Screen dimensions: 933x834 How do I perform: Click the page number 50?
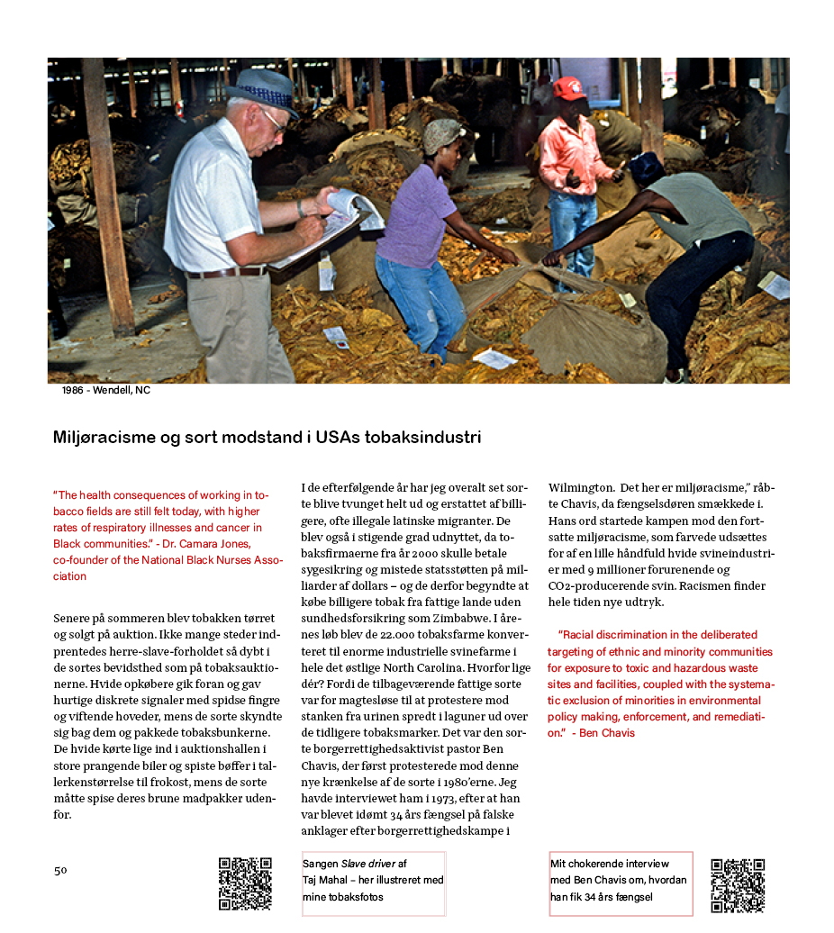click(60, 870)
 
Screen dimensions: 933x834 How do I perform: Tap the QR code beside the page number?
click(245, 883)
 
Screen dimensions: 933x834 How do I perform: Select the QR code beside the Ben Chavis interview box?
click(738, 885)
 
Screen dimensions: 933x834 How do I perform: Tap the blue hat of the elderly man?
click(262, 89)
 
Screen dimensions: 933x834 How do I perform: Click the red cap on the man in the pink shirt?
click(568, 87)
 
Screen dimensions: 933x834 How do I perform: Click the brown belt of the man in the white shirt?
click(225, 272)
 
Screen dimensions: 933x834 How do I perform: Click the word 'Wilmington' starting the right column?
click(580, 488)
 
